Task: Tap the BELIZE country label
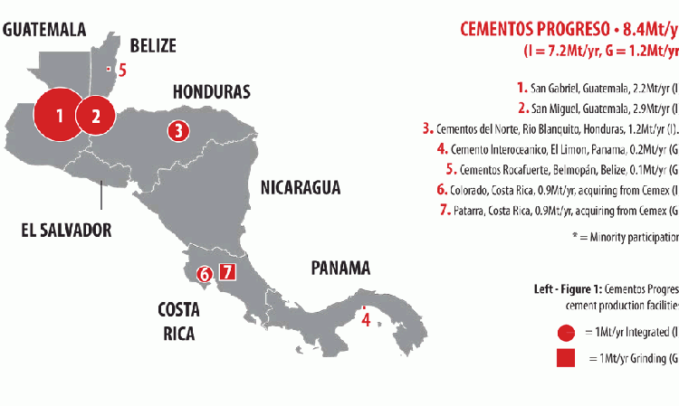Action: (x=153, y=46)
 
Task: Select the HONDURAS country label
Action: (x=211, y=92)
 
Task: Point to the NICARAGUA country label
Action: (x=301, y=188)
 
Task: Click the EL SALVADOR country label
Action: (x=66, y=230)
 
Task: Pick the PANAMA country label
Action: (x=341, y=268)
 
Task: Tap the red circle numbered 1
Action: (x=59, y=115)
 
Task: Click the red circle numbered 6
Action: (x=205, y=273)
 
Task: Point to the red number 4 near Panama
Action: (x=366, y=319)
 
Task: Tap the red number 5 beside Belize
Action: (x=123, y=69)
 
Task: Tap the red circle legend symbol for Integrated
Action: (x=567, y=332)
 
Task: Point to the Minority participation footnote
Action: (x=625, y=237)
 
